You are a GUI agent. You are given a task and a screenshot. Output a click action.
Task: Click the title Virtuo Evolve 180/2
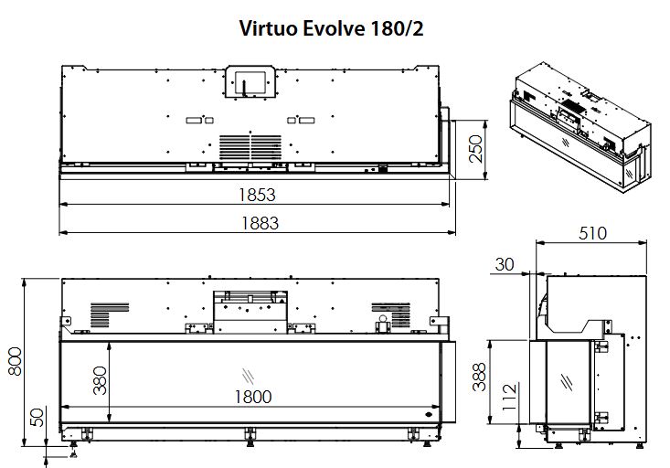tap(331, 29)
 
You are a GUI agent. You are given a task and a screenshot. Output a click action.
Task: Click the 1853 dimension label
tap(257, 195)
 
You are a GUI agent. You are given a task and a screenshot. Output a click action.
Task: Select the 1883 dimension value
tap(260, 223)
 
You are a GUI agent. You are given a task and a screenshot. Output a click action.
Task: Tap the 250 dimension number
tap(475, 149)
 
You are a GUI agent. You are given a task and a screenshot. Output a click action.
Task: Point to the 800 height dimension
tap(15, 362)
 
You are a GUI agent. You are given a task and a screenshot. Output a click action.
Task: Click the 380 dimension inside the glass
tap(100, 380)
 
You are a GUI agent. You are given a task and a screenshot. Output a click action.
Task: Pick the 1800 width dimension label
tap(253, 397)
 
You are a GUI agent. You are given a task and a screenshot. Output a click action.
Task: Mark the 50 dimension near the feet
tap(37, 418)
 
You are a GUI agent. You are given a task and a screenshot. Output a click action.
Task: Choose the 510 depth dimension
tap(592, 233)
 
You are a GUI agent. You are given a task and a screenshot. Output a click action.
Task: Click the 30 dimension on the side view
tap(505, 264)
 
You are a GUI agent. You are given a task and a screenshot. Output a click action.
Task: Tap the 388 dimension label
tap(480, 377)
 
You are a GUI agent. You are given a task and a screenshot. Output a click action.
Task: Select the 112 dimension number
tap(509, 397)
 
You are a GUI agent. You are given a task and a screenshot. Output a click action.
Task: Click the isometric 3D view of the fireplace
tap(580, 127)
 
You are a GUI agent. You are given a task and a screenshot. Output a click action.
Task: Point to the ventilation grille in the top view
tap(250, 147)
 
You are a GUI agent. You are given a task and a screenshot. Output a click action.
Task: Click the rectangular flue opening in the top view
tap(250, 81)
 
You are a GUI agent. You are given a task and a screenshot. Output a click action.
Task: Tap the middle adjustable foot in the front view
tap(250, 437)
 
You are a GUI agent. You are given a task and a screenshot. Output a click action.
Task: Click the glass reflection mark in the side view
tap(567, 382)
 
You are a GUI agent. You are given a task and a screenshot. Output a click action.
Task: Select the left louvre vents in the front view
tap(110, 315)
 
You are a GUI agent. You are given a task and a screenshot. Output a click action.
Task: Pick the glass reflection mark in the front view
tap(248, 376)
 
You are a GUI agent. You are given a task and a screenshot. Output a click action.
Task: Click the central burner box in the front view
tap(250, 313)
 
